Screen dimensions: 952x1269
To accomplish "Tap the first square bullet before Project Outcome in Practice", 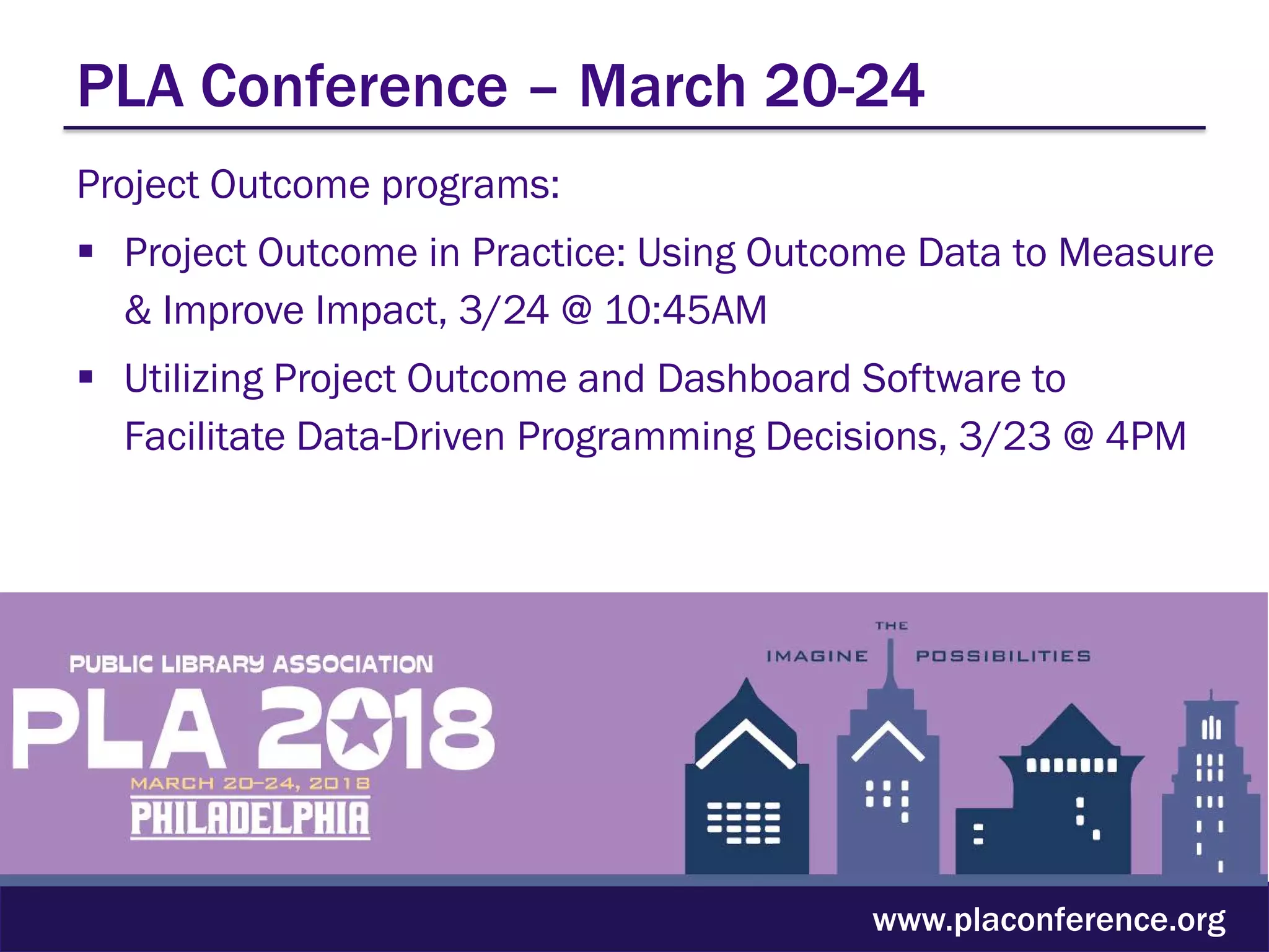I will (86, 252).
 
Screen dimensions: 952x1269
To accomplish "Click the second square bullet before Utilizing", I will (86, 377).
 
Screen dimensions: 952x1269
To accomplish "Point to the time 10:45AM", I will (686, 310).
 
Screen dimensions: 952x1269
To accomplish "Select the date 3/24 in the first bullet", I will (504, 310).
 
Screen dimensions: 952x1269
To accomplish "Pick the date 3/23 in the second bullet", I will (1004, 436).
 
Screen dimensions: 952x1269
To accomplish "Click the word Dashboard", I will (753, 378).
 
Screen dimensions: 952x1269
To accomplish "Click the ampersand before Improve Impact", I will (138, 310).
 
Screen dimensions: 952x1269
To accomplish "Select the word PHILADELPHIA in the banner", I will (250, 819).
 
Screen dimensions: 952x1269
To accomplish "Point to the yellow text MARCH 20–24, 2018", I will (250, 783).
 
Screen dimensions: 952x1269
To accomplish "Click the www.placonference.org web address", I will (1048, 920).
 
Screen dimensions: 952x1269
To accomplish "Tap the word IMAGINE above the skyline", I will (817, 656).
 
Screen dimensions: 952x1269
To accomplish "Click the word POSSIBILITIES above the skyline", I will (1003, 656).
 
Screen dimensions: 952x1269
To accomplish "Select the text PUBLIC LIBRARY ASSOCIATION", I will (251, 664).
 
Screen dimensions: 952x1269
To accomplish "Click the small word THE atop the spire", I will (891, 626).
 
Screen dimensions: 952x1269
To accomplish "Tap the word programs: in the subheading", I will (470, 185).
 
